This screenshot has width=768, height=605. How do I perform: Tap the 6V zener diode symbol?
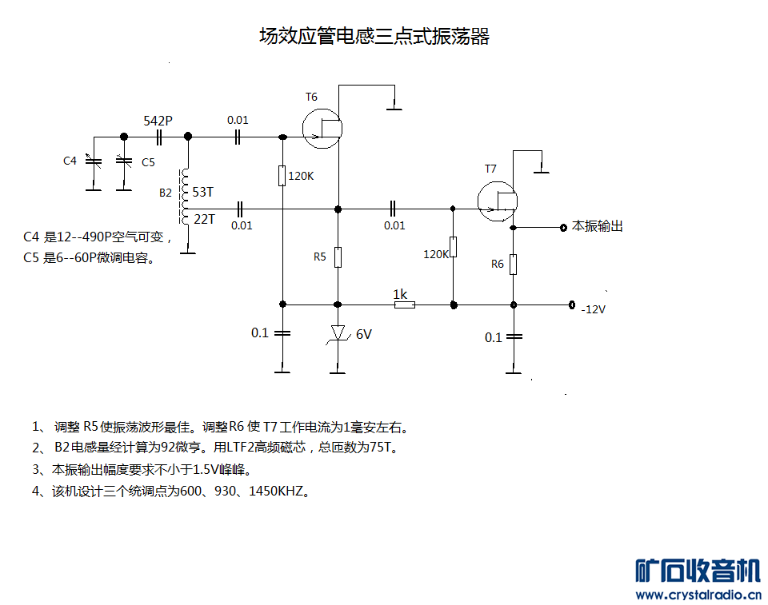tap(338, 333)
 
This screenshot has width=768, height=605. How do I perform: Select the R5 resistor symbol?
tap(338, 257)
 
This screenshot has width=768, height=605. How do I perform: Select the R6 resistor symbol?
tap(514, 264)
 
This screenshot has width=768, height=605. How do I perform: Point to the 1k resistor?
tap(404, 304)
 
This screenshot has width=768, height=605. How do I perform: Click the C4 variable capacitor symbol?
tap(94, 161)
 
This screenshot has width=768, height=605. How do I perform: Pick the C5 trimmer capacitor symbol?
tap(123, 161)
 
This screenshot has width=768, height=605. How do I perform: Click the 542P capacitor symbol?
tap(158, 137)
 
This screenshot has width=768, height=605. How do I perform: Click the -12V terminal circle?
tap(571, 304)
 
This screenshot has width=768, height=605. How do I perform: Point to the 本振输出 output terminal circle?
tap(563, 227)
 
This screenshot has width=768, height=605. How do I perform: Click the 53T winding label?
tap(203, 192)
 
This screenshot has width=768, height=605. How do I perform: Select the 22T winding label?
tap(204, 218)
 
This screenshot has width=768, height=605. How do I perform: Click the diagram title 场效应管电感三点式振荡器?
tap(374, 36)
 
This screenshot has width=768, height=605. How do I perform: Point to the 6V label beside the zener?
tap(363, 334)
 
